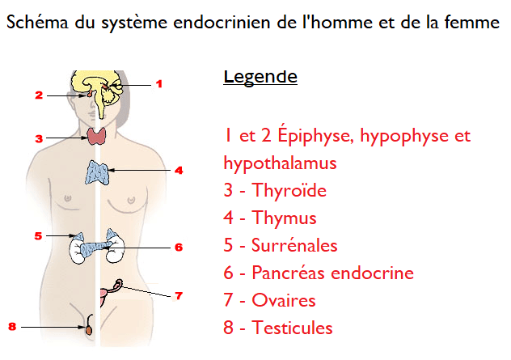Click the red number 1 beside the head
(159, 84)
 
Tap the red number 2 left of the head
(39, 95)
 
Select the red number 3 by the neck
(39, 138)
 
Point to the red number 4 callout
(179, 170)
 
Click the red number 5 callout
(39, 235)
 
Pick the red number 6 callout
(179, 248)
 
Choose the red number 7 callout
(179, 296)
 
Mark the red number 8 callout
(12, 326)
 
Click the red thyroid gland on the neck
(97, 136)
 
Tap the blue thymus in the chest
(97, 172)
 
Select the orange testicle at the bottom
(89, 329)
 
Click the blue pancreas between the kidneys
(95, 249)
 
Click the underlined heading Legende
(260, 78)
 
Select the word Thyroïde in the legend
(289, 190)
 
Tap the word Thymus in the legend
(284, 218)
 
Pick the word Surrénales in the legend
(294, 245)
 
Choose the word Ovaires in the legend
(284, 300)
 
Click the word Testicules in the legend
(293, 328)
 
